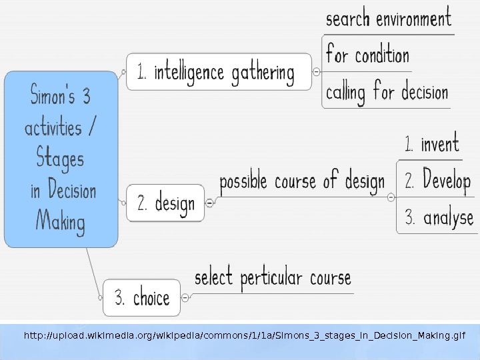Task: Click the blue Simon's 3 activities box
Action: pyautogui.click(x=61, y=159)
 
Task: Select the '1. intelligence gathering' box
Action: pyautogui.click(x=218, y=71)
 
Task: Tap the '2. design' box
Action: pyautogui.click(x=165, y=203)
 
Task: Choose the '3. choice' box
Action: pyautogui.click(x=142, y=297)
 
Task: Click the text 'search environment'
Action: pyautogui.click(x=388, y=19)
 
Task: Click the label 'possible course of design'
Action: pyautogui.click(x=302, y=181)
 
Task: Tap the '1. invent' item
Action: pyautogui.click(x=432, y=143)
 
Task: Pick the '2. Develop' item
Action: pyautogui.click(x=437, y=180)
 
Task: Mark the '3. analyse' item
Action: pyautogui.click(x=439, y=217)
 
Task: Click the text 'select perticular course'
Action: pyautogui.click(x=273, y=277)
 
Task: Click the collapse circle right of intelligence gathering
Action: pyautogui.click(x=316, y=71)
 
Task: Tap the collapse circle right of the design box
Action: pyautogui.click(x=209, y=201)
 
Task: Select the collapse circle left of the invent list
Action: pyautogui.click(x=391, y=197)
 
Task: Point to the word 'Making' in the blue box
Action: pyautogui.click(x=60, y=221)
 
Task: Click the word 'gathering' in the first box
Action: pyautogui.click(x=263, y=73)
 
